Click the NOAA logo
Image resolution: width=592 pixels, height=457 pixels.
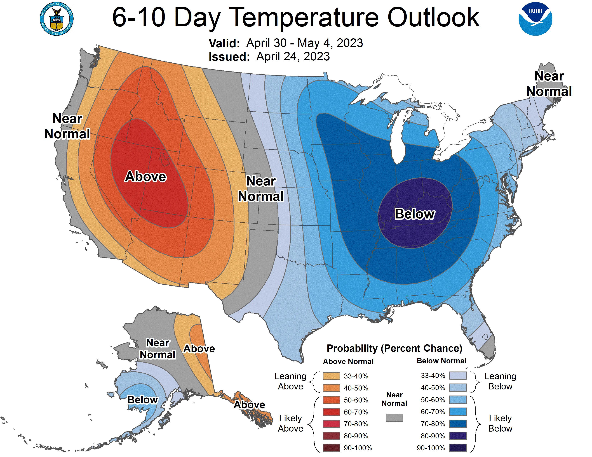click(x=535, y=19)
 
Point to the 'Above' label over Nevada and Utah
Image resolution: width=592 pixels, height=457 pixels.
click(x=145, y=177)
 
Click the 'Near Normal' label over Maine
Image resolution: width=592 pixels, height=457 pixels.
click(x=549, y=84)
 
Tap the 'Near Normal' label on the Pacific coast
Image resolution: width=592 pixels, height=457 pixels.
click(x=67, y=126)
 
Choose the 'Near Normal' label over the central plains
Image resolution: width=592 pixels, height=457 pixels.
click(x=261, y=189)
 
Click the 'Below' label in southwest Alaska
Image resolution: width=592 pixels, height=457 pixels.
click(x=142, y=400)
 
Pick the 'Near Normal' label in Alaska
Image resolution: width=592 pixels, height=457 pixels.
click(x=158, y=349)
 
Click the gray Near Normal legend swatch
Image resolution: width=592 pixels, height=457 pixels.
click(x=394, y=417)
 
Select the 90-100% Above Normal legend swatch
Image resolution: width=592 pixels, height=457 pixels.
click(x=331, y=448)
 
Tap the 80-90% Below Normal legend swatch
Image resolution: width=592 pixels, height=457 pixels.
click(x=458, y=436)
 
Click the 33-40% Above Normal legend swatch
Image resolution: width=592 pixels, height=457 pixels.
click(x=331, y=376)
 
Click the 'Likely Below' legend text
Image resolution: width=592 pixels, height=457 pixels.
click(x=500, y=423)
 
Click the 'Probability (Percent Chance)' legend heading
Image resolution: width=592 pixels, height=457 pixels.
click(x=394, y=348)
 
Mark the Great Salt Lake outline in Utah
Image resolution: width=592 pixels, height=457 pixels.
click(x=164, y=159)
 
